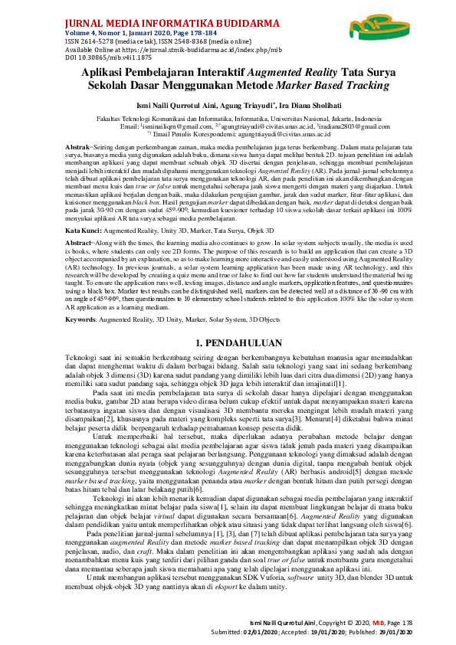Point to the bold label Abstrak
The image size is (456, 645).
point(77,146)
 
